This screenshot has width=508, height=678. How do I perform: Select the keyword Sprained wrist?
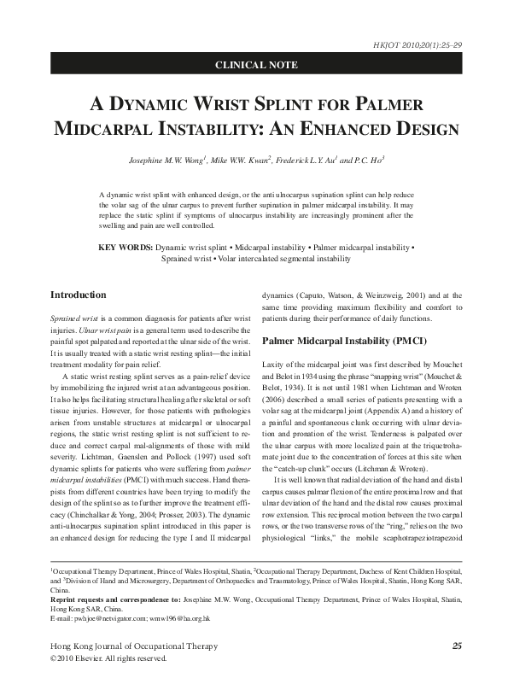click(187, 257)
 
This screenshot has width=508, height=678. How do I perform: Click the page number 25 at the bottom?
click(456, 646)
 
